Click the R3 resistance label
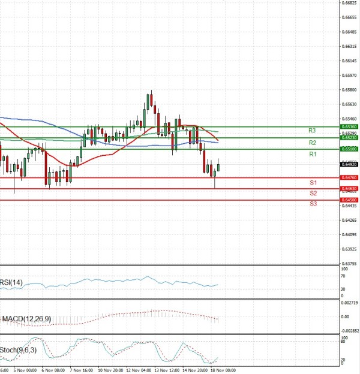pyautogui.click(x=312, y=131)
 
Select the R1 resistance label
pyautogui.click(x=312, y=154)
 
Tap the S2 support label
pyautogui.click(x=313, y=193)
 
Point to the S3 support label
pyautogui.click(x=313, y=204)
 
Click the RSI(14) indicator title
pyautogui.click(x=11, y=282)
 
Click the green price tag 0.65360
pyautogui.click(x=349, y=127)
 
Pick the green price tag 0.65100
pyautogui.click(x=349, y=149)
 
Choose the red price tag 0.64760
pyautogui.click(x=349, y=177)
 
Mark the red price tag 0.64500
pyautogui.click(x=349, y=200)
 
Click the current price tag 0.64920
pyautogui.click(x=349, y=164)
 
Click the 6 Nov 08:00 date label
pyautogui.click(x=53, y=370)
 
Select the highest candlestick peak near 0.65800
pyautogui.click(x=151, y=91)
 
